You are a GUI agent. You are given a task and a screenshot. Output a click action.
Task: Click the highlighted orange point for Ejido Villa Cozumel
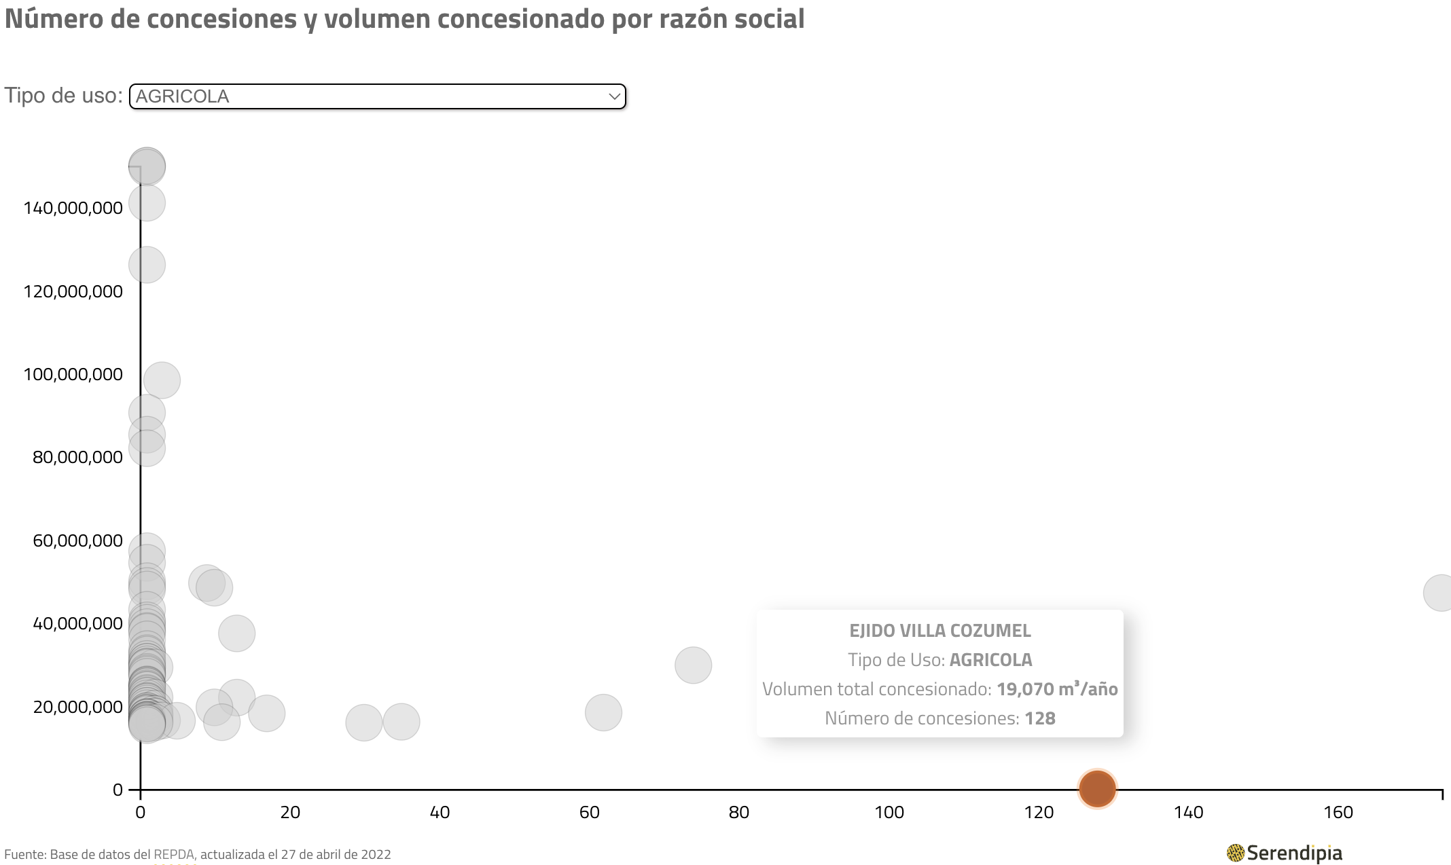1097,789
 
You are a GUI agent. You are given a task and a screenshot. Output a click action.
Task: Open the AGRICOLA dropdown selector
377,96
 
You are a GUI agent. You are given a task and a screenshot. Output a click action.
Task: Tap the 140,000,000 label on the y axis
73,208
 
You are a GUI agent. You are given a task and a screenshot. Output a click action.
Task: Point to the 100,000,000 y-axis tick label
73,374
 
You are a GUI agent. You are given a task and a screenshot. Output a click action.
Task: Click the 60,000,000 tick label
78,540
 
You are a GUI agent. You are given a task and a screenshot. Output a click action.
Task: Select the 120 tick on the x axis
1039,812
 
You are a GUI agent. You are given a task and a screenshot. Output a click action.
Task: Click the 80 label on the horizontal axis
739,812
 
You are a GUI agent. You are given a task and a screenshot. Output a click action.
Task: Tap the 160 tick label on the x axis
1338,812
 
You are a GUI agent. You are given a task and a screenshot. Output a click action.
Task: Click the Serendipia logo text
1294,853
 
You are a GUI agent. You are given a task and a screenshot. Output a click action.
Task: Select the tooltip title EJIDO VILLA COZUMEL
939,631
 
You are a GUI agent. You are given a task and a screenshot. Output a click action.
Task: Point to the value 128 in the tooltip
1040,718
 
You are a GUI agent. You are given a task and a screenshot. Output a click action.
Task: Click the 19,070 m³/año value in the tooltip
1057,689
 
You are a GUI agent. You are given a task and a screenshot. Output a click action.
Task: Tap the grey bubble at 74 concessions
693,665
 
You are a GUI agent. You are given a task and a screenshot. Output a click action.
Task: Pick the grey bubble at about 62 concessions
603,712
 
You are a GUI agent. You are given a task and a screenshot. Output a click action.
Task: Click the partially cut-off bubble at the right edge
1439,593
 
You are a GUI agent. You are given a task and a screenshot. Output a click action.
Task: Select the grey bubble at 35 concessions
401,722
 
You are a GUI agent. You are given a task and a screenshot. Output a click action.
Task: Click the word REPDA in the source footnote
174,854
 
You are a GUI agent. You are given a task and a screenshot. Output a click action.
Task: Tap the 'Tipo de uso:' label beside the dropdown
63,96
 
